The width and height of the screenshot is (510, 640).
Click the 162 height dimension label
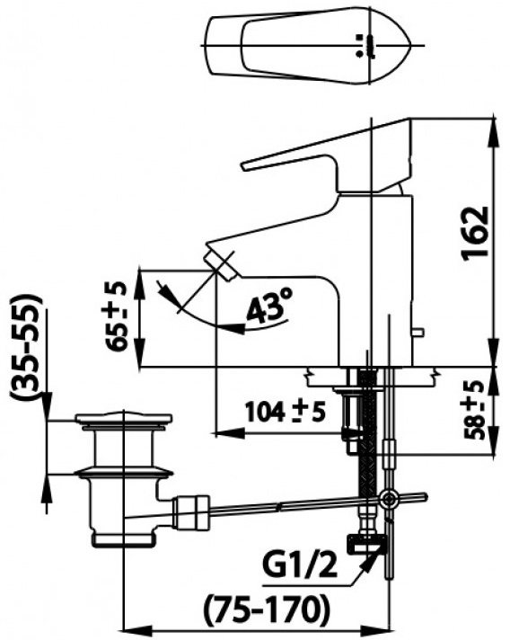[475, 231]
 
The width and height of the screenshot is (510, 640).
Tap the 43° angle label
[269, 306]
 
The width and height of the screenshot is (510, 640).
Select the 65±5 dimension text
[115, 316]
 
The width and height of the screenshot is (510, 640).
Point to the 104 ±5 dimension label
[285, 412]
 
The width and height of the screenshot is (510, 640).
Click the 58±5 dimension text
[474, 409]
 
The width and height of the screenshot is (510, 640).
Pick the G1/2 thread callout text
[299, 564]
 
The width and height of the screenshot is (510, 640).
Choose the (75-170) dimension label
[266, 609]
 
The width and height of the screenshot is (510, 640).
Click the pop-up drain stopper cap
[124, 418]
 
